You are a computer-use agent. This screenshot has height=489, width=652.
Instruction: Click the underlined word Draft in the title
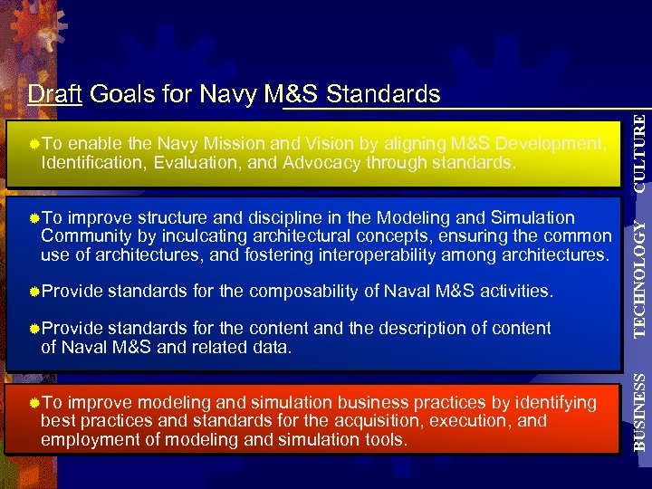[54, 94]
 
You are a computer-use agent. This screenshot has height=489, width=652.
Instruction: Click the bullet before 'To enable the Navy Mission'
[34, 143]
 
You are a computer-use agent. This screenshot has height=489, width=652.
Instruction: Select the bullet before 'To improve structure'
[34, 217]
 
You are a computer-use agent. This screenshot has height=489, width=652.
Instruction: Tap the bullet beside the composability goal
[34, 291]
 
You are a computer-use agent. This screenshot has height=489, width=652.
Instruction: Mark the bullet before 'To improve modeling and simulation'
[34, 402]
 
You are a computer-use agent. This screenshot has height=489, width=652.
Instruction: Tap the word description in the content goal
[419, 328]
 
